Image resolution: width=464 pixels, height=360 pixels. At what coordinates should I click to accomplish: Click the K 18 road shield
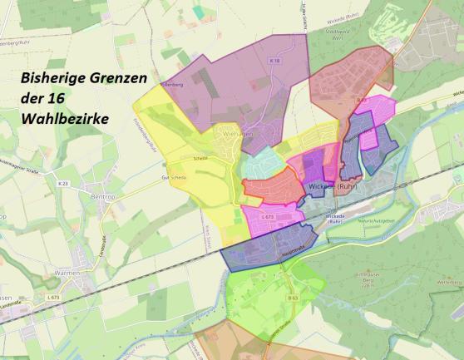point(275,61)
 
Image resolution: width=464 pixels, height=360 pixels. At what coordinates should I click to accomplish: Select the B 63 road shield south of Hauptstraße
point(292,297)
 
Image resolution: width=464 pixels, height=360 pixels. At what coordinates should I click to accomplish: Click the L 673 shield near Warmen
point(53,297)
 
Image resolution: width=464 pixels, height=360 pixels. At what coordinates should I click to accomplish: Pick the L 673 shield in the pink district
point(267,216)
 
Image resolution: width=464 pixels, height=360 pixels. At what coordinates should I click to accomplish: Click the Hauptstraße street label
point(274,249)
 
